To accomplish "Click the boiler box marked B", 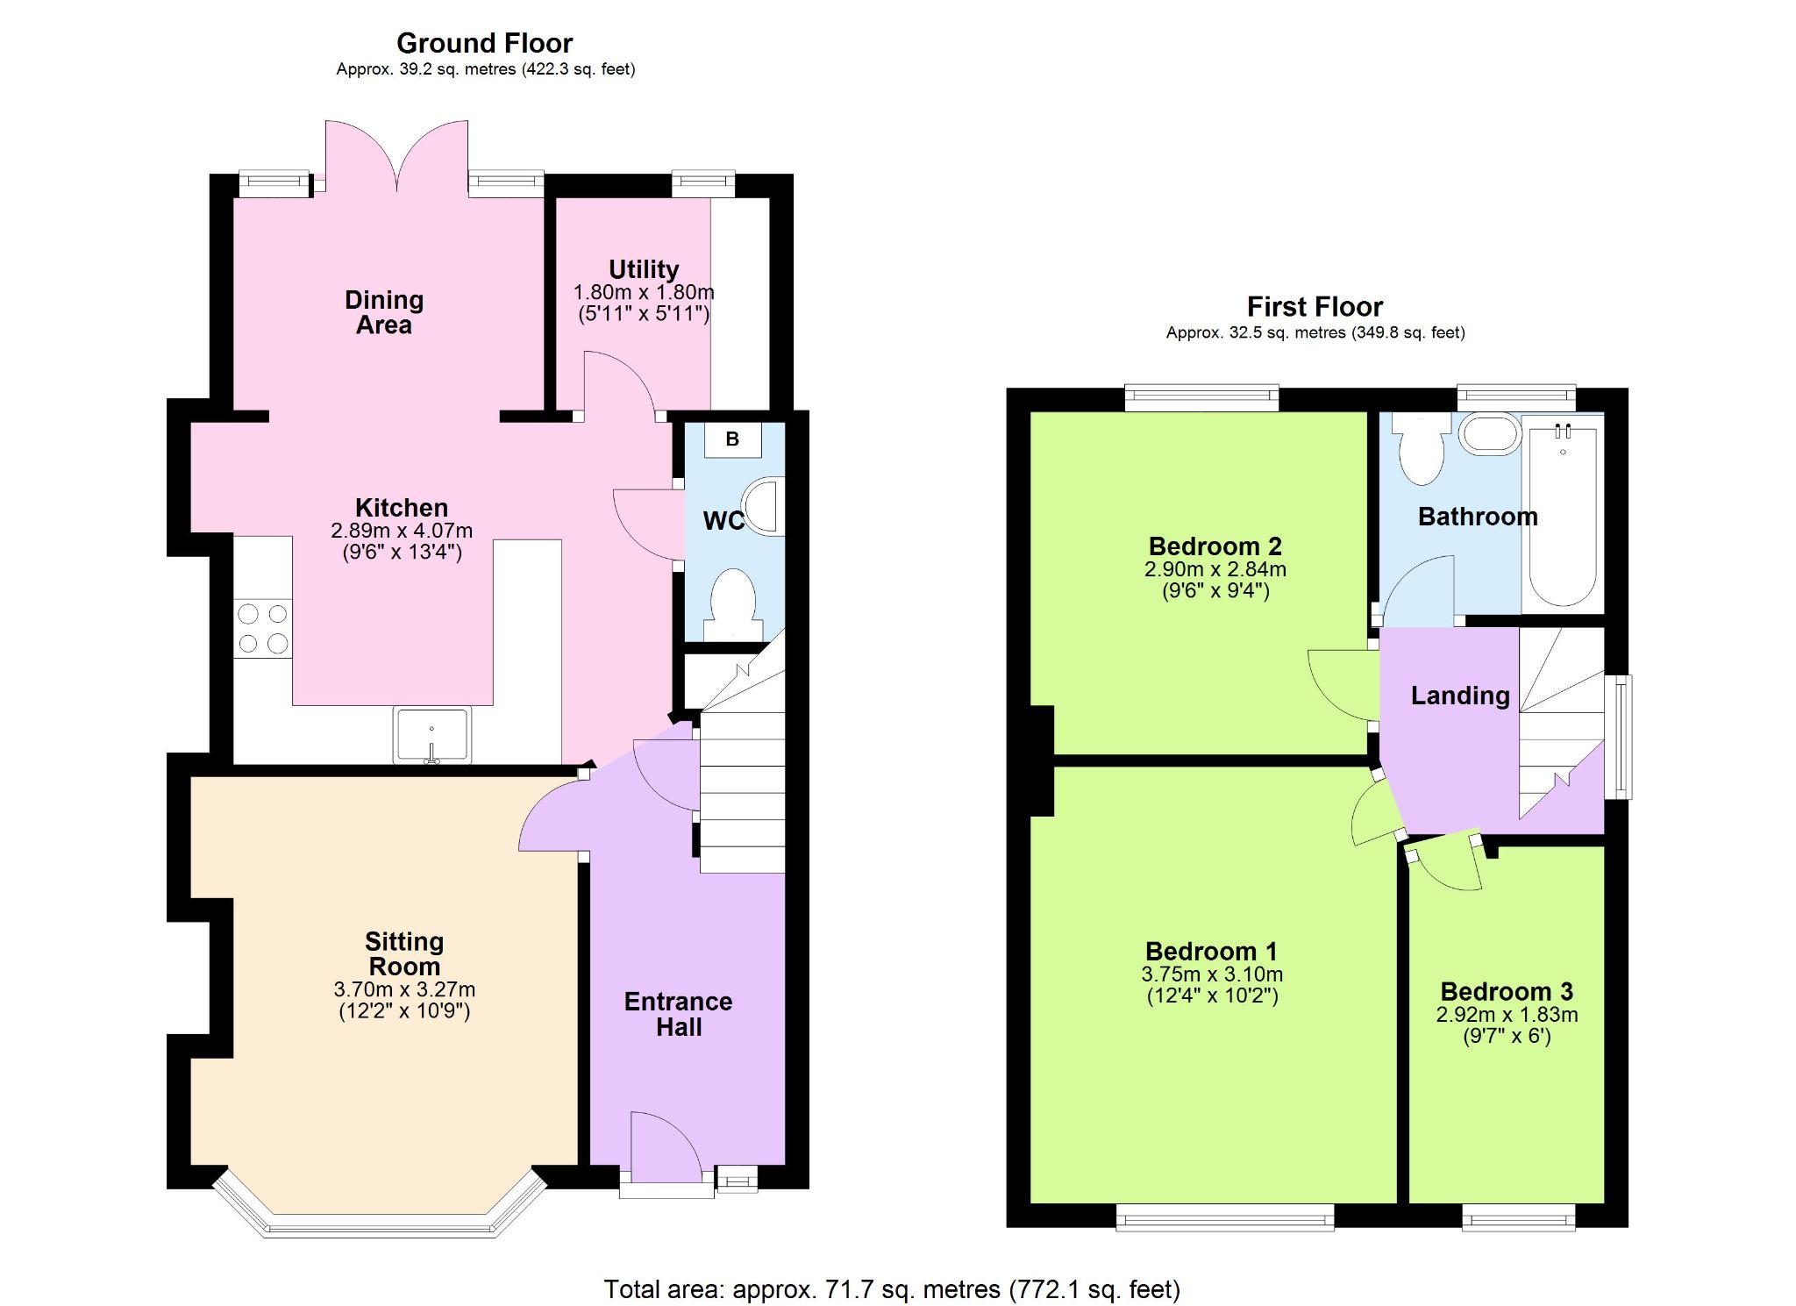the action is [732, 439].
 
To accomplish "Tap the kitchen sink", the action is [431, 735].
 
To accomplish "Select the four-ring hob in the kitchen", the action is [262, 628].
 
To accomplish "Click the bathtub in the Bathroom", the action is [1563, 514].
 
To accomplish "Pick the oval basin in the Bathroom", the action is [1490, 434].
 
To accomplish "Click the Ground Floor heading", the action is [484, 43].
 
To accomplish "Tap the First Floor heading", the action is [1315, 307].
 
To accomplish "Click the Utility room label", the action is [644, 269].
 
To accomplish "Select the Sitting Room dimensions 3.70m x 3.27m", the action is [404, 989].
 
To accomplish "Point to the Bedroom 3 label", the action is [1507, 992].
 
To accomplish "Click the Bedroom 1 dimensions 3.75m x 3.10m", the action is [1212, 974].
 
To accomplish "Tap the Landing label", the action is [1460, 696].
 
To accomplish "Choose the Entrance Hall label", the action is [679, 1015].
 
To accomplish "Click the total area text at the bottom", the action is [892, 1289].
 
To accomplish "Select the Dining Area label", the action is [384, 312].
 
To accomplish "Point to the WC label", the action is [723, 521].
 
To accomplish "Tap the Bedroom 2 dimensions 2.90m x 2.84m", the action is [1215, 569].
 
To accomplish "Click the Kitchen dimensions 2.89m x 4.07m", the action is [402, 531].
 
